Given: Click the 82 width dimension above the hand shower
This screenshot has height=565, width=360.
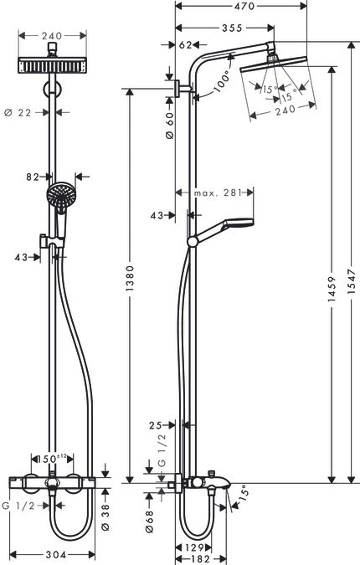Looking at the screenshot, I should coord(33,177).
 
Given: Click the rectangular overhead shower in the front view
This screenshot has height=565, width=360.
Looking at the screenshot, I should coord(53,65).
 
